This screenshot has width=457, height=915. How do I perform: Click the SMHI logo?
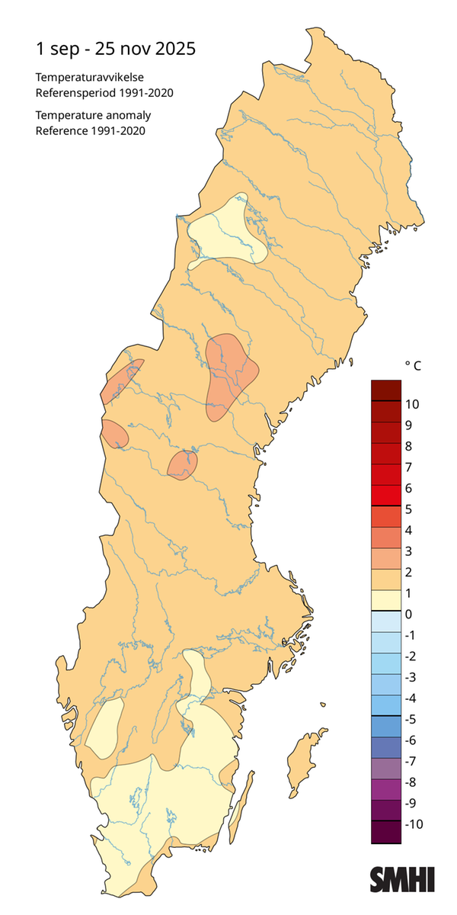click(402, 878)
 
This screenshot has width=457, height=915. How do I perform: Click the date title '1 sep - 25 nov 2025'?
click(116, 49)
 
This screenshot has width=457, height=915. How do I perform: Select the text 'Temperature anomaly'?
click(93, 115)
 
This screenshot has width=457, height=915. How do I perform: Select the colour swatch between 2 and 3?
click(386, 561)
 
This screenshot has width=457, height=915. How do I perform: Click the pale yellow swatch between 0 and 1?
click(386, 603)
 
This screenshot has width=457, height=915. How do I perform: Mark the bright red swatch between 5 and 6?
click(386, 498)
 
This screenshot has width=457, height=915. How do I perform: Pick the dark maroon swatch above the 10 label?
click(386, 390)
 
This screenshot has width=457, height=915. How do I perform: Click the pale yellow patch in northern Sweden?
click(228, 233)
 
